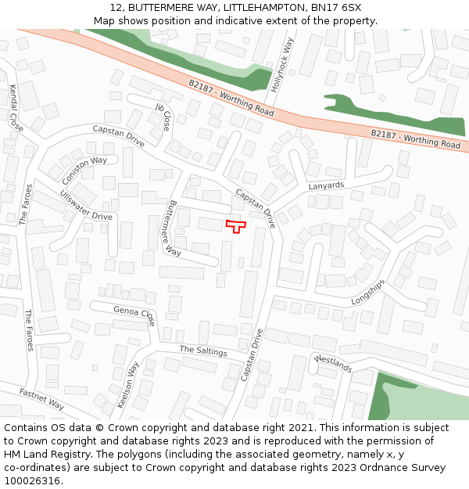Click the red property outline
click(235, 226)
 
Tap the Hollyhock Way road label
click(282, 66)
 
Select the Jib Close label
click(163, 117)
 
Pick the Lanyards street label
click(326, 185)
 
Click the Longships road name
click(368, 292)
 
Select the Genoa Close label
click(134, 315)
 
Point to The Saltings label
click(202, 351)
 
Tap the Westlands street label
click(333, 363)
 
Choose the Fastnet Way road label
click(41, 399)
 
